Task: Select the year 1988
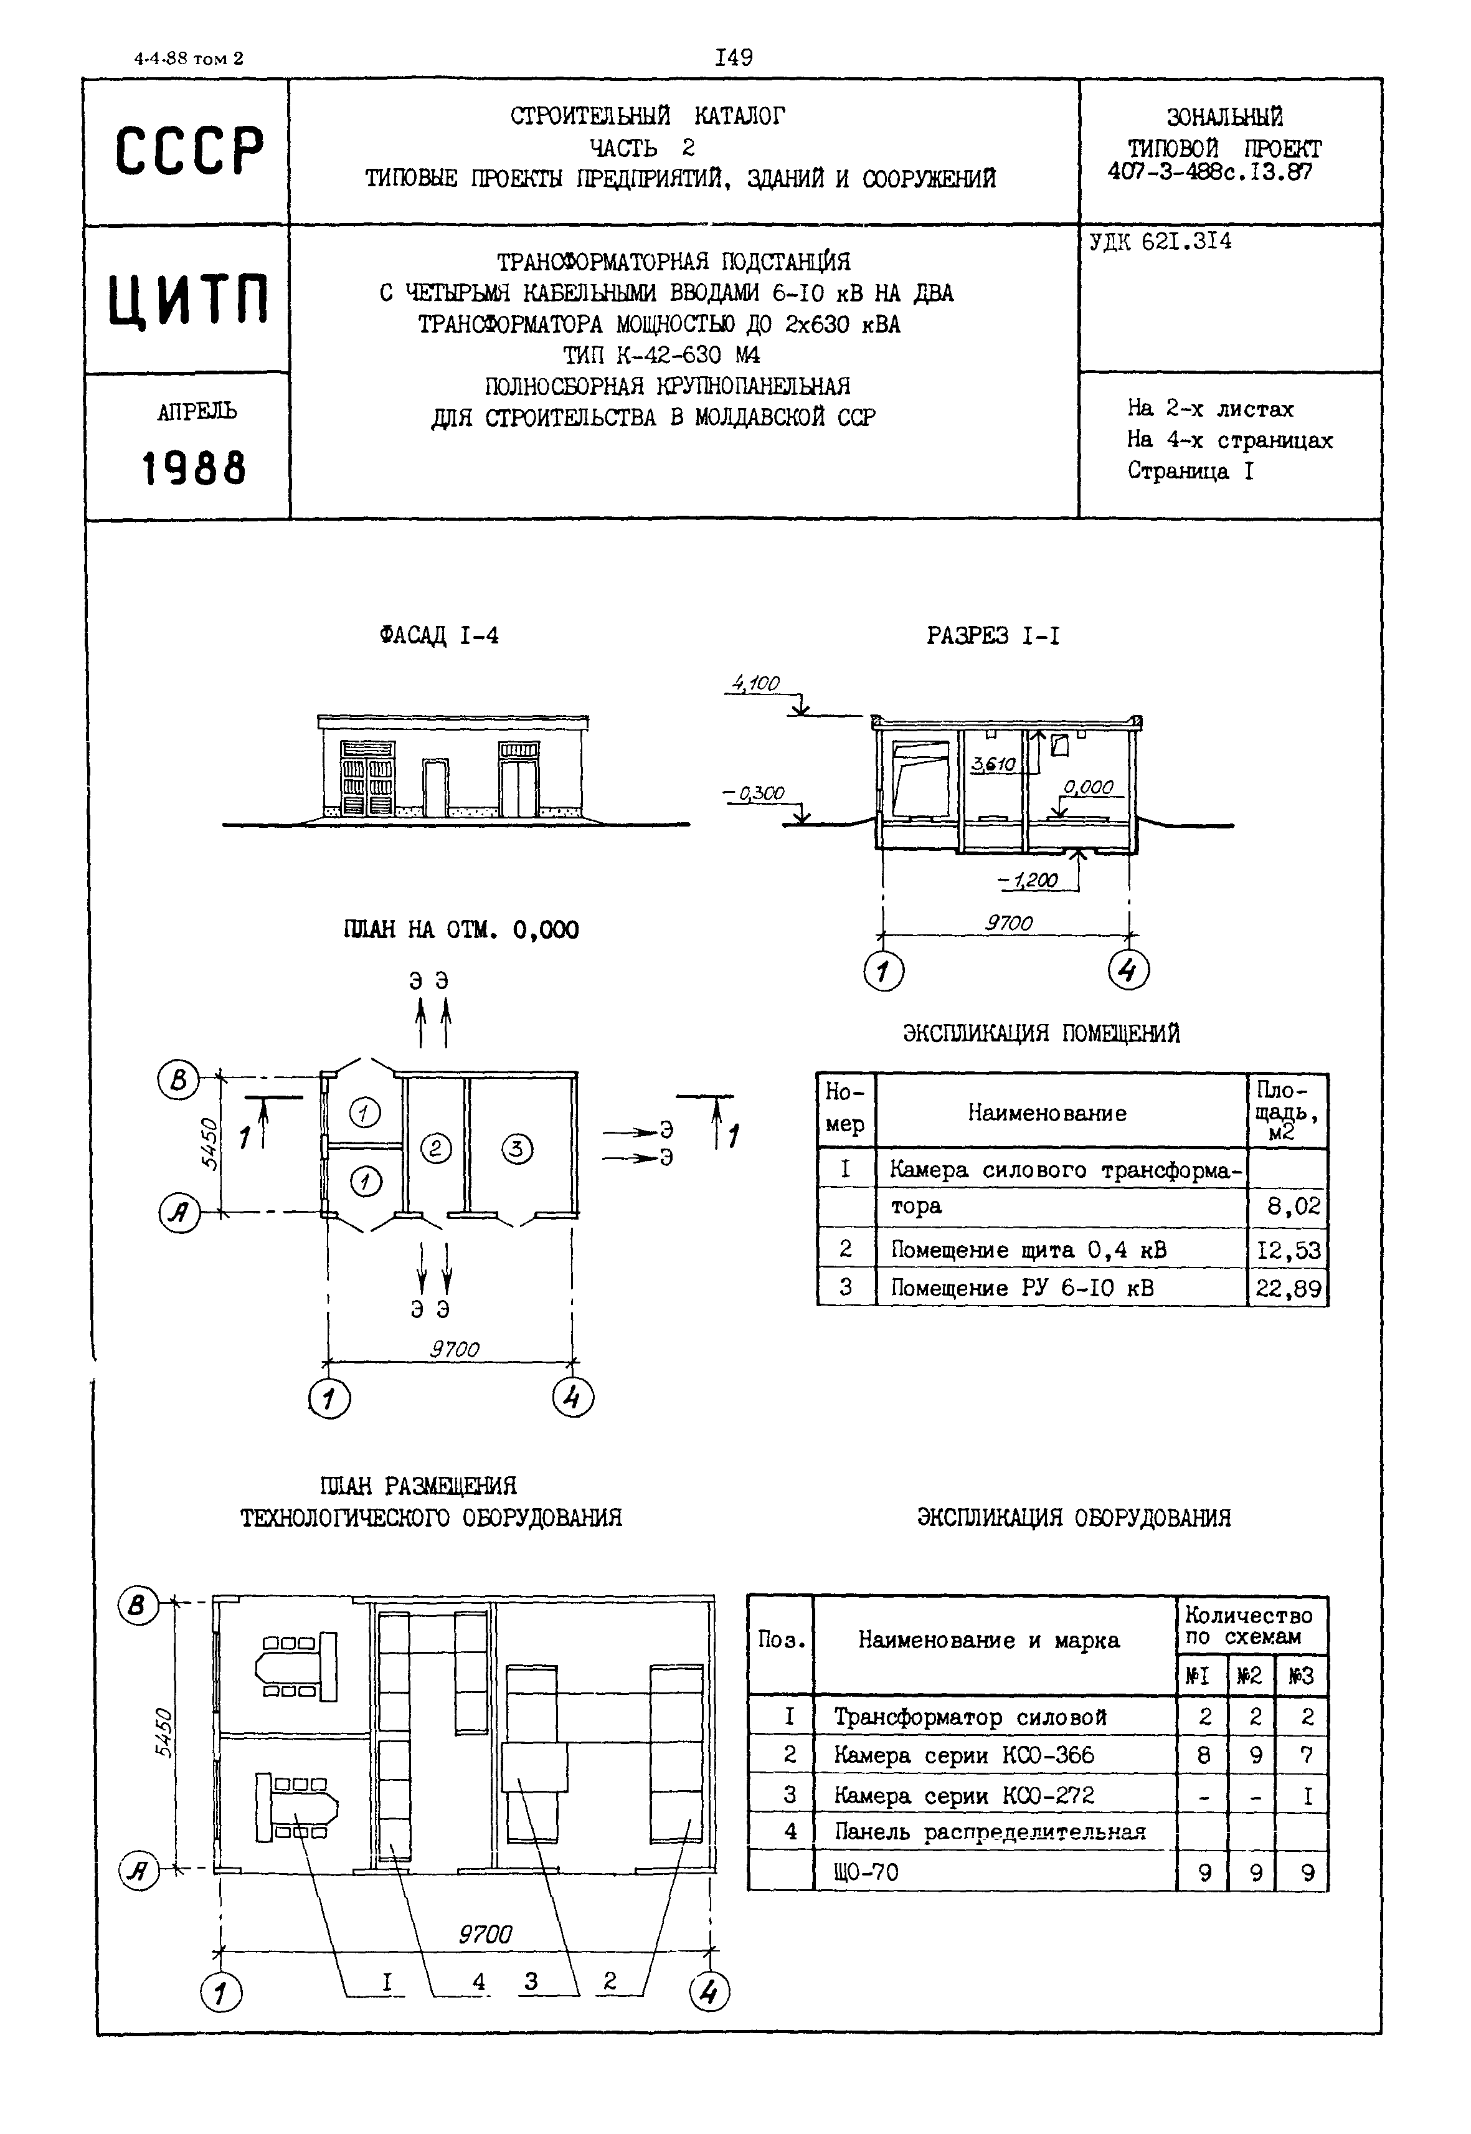point(194,468)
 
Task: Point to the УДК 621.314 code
point(1160,242)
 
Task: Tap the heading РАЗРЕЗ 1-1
point(993,636)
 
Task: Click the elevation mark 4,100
point(757,684)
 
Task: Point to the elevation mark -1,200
point(1029,880)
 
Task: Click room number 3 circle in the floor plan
point(517,1149)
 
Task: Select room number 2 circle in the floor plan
point(436,1149)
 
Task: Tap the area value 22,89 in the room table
point(1287,1289)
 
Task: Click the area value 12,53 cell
point(1287,1250)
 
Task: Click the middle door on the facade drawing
point(435,788)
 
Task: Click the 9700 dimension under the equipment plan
point(485,1934)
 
